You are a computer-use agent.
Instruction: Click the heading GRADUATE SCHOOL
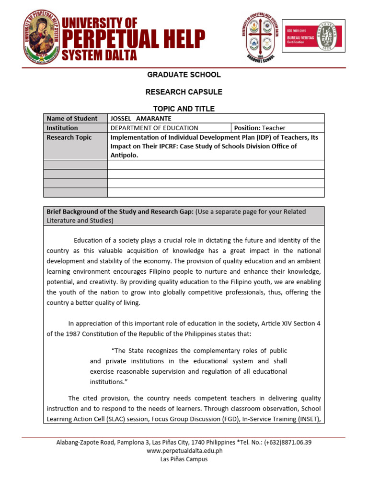(184, 75)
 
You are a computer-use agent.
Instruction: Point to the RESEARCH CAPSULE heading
(184, 92)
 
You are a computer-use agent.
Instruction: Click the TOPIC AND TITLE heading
(184, 109)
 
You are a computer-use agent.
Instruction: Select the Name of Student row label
(72, 119)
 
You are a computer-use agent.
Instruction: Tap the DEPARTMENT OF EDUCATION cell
(154, 128)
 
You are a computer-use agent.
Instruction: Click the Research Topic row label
(69, 137)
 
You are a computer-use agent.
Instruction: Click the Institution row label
(62, 128)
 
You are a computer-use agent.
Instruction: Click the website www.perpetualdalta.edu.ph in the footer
(184, 451)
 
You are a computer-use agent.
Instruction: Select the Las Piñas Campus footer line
(184, 459)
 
